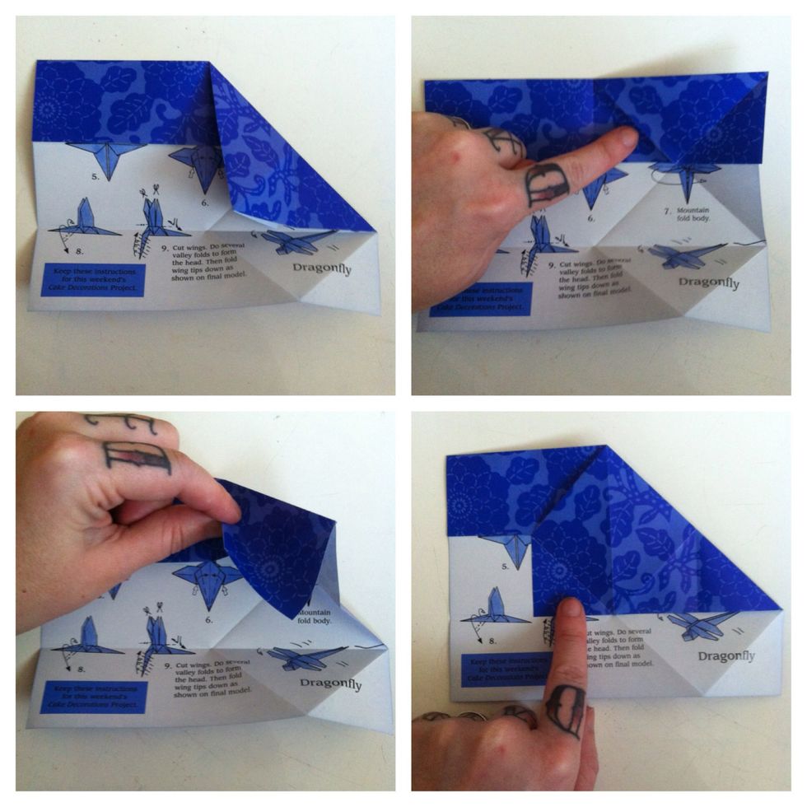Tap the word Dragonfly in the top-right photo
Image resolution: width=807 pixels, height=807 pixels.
(x=708, y=283)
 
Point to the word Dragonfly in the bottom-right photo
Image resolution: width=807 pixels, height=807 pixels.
(x=726, y=656)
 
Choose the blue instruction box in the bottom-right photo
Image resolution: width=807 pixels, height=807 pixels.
(x=495, y=672)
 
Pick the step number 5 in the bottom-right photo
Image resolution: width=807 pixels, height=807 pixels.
(x=504, y=567)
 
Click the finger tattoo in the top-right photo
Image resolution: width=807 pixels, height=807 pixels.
(x=546, y=184)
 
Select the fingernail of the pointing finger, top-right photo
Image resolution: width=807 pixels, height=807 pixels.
(x=627, y=138)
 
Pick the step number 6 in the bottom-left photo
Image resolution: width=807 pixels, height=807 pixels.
(x=208, y=619)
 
